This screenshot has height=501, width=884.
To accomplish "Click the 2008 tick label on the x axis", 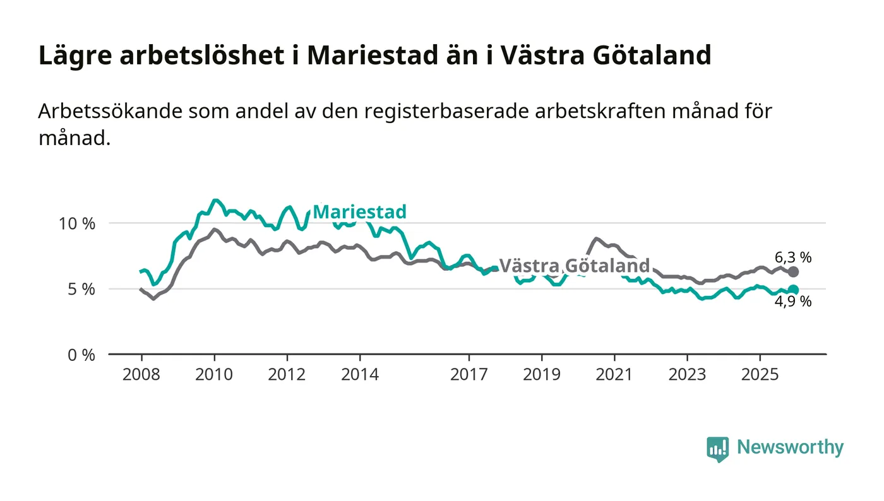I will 141,374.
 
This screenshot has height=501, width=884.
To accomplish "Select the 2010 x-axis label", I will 214,374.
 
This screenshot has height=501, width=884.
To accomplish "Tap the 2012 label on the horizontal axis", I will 287,374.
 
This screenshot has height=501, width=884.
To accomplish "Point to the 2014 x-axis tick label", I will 360,374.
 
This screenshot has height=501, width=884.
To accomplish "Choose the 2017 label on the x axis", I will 469,374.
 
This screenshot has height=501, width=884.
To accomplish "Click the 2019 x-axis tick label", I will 542,374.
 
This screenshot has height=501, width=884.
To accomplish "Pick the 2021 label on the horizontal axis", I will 615,374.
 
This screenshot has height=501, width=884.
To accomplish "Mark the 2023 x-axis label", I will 688,374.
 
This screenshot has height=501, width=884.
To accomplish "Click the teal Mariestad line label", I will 359,212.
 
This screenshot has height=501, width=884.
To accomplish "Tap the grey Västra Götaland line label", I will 574,265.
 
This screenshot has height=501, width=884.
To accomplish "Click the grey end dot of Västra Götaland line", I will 794,272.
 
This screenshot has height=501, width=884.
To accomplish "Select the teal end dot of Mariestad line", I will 794,290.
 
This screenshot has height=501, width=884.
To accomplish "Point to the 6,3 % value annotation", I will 793,257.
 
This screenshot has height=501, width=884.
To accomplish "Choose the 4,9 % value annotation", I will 793,302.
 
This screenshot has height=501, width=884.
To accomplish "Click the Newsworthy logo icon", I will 717,449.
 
